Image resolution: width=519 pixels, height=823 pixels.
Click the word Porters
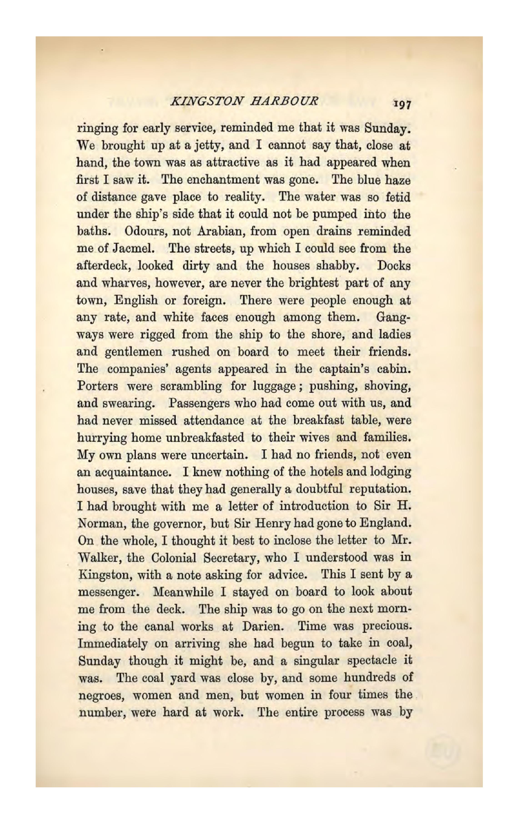tap(98, 386)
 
